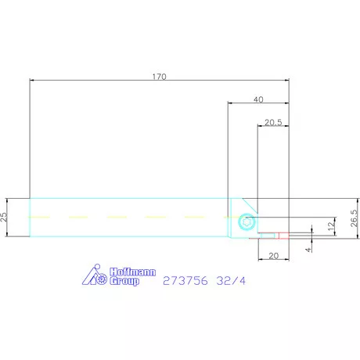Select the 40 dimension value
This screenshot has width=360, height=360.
coord(258,99)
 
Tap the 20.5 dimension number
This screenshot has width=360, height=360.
coord(273,123)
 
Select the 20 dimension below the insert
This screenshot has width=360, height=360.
coord(272,256)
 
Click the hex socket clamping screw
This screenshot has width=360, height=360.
coord(247,221)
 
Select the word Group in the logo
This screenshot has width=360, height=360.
coord(122,280)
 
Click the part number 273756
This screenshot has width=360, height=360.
coord(184,279)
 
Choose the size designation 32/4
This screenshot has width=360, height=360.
coord(233,279)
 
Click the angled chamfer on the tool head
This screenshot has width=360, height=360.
coord(249,202)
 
